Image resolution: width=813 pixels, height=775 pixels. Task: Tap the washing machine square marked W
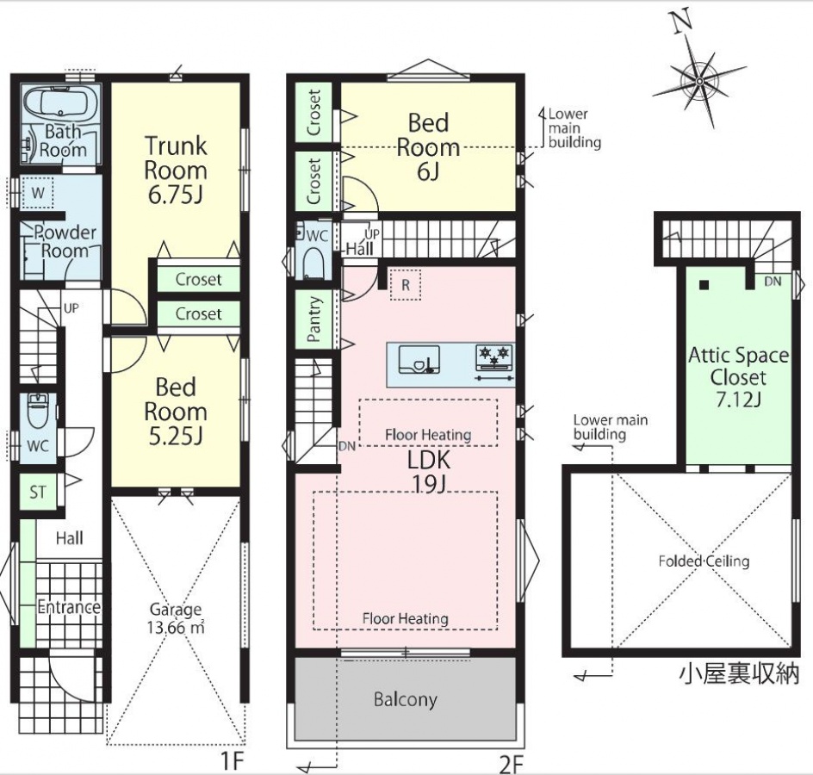pyautogui.click(x=38, y=194)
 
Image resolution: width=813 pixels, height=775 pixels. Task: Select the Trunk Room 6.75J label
pyautogui.click(x=175, y=170)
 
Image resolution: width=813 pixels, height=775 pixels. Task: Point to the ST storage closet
pyautogui.click(x=38, y=492)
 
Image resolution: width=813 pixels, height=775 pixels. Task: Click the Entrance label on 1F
pyautogui.click(x=69, y=607)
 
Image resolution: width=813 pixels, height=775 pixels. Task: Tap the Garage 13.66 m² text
pyautogui.click(x=176, y=618)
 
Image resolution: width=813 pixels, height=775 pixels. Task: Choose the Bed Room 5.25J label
pyautogui.click(x=175, y=412)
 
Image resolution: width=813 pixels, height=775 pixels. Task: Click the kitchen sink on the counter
pyautogui.click(x=419, y=359)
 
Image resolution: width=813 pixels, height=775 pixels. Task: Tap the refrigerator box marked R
pyautogui.click(x=406, y=284)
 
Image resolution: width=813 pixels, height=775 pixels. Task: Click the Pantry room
pyautogui.click(x=314, y=319)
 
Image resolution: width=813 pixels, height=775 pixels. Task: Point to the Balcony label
pyautogui.click(x=406, y=699)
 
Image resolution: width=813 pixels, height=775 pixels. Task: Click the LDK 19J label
pyautogui.click(x=429, y=472)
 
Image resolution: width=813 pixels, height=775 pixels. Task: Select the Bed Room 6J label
pyautogui.click(x=428, y=147)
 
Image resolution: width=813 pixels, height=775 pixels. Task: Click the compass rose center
pyautogui.click(x=699, y=82)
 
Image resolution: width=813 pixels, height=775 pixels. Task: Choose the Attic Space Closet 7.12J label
pyautogui.click(x=738, y=377)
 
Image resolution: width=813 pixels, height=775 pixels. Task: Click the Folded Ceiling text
pyautogui.click(x=704, y=561)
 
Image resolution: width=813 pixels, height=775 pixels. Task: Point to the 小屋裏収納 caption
pyautogui.click(x=739, y=674)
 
